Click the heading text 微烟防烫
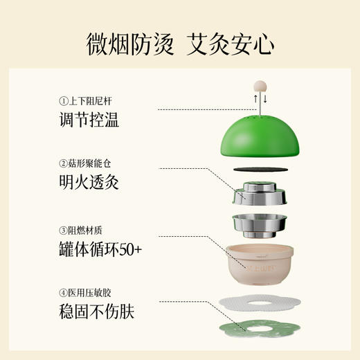coord(129,44)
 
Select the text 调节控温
coord(89,120)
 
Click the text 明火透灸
coord(89,183)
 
